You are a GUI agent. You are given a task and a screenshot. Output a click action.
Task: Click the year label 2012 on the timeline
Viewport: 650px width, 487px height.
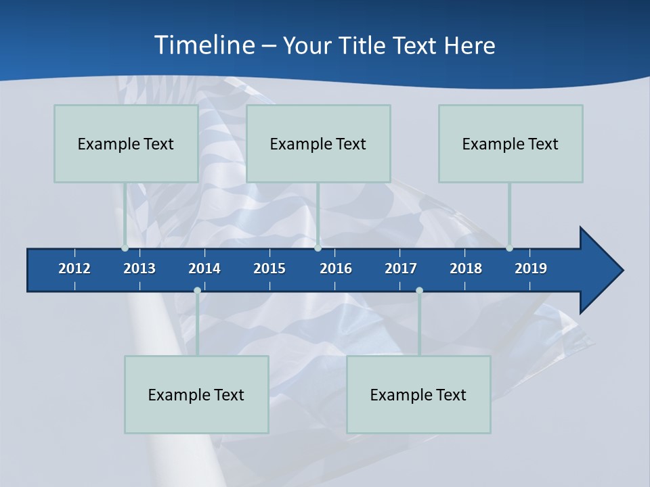click(x=74, y=269)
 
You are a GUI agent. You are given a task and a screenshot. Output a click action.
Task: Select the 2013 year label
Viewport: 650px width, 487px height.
click(x=139, y=269)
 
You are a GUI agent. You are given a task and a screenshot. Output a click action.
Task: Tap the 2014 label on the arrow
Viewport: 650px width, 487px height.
click(x=204, y=269)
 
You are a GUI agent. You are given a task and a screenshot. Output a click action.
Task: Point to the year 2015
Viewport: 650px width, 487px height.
click(x=269, y=269)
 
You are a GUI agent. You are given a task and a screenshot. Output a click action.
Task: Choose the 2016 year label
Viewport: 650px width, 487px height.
click(x=336, y=269)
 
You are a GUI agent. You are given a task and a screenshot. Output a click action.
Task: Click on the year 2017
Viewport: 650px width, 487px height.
click(x=401, y=269)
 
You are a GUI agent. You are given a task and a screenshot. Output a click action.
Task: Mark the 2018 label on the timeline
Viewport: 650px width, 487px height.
click(x=466, y=269)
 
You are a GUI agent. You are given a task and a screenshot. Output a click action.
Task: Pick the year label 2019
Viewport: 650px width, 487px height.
click(x=531, y=269)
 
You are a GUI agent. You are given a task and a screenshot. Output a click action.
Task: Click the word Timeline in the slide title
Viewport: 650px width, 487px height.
click(x=204, y=45)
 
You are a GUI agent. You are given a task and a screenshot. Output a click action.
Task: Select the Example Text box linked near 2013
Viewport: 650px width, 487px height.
click(x=126, y=143)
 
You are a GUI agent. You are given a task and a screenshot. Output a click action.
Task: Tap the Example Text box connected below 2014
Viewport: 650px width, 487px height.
click(x=196, y=394)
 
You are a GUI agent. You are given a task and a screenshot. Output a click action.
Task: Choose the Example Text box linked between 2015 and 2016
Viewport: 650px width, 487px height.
click(x=318, y=143)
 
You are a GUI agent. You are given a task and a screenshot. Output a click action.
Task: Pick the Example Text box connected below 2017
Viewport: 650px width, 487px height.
click(x=418, y=394)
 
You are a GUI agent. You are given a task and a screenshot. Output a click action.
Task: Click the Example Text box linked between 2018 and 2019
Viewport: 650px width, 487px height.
click(x=511, y=143)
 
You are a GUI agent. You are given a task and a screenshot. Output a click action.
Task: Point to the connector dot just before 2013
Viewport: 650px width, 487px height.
click(x=125, y=248)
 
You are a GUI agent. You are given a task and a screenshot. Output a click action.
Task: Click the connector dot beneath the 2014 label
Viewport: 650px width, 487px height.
click(x=197, y=291)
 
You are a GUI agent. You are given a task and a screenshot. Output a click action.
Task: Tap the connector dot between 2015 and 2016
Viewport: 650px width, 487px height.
click(x=318, y=248)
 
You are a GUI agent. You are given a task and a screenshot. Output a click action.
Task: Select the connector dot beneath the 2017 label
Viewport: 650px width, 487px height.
click(x=419, y=291)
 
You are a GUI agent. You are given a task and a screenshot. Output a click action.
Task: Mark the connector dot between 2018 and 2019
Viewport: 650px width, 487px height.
click(x=509, y=248)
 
